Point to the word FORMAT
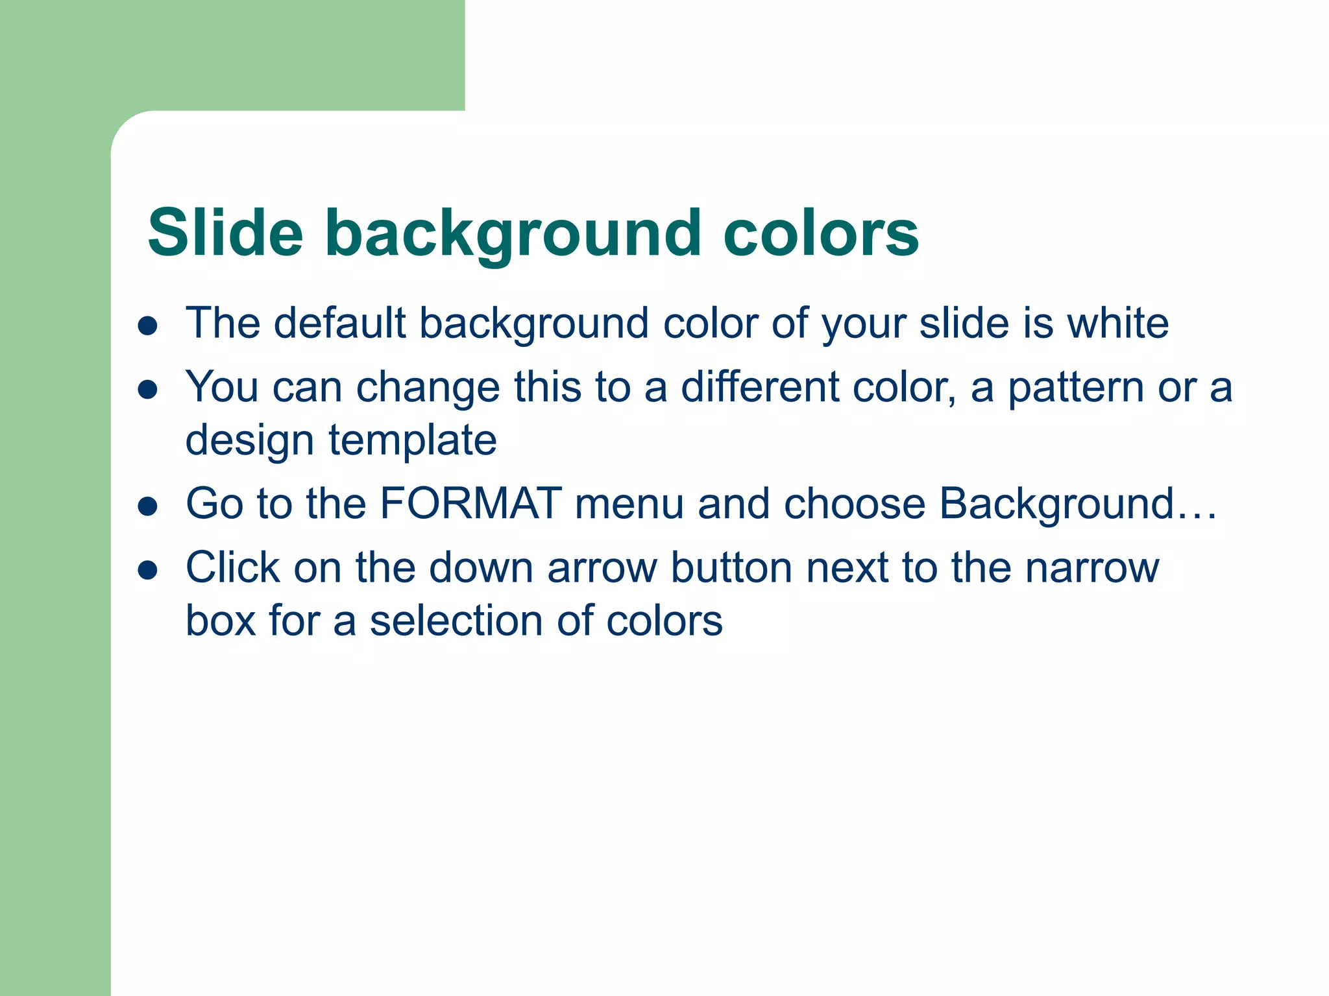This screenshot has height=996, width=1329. [471, 503]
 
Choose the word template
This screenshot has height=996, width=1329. [413, 440]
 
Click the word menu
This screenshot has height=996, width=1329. [629, 503]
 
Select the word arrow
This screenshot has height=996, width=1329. [603, 568]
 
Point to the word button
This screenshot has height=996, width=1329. [731, 568]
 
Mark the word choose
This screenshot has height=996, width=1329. [854, 503]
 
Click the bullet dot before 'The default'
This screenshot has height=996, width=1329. [148, 326]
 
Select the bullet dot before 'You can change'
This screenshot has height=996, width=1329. [148, 390]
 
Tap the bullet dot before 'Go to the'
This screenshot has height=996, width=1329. [148, 506]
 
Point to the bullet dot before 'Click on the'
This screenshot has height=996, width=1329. [148, 571]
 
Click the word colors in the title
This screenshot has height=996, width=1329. [821, 233]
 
